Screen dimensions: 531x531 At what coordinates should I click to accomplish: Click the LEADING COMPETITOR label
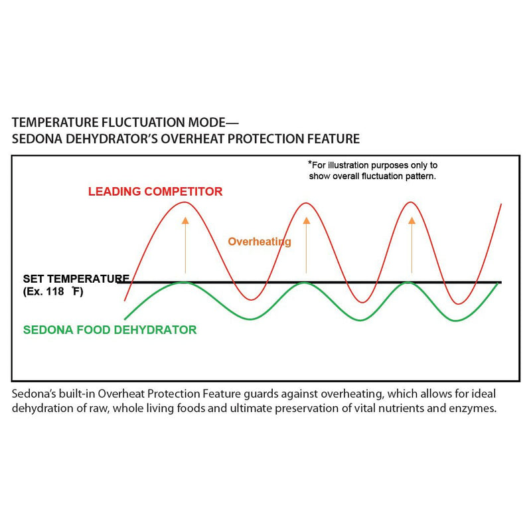(155, 192)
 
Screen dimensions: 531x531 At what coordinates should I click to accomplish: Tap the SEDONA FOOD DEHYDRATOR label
(110, 329)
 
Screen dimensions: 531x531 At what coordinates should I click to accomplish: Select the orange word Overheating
(260, 242)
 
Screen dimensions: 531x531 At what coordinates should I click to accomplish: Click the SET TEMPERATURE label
(76, 278)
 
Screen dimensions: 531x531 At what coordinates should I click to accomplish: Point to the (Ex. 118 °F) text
(53, 291)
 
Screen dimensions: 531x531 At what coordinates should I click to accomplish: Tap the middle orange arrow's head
(306, 220)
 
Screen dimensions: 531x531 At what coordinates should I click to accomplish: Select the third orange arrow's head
(412, 220)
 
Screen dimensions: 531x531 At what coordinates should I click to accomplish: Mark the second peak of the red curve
(305, 202)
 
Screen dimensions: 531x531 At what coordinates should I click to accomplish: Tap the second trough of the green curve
(359, 321)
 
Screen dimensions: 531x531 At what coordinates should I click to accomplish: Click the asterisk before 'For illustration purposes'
(309, 163)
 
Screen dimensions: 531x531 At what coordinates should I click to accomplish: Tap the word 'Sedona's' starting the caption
(33, 394)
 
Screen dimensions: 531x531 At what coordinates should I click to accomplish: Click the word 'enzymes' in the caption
(474, 408)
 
